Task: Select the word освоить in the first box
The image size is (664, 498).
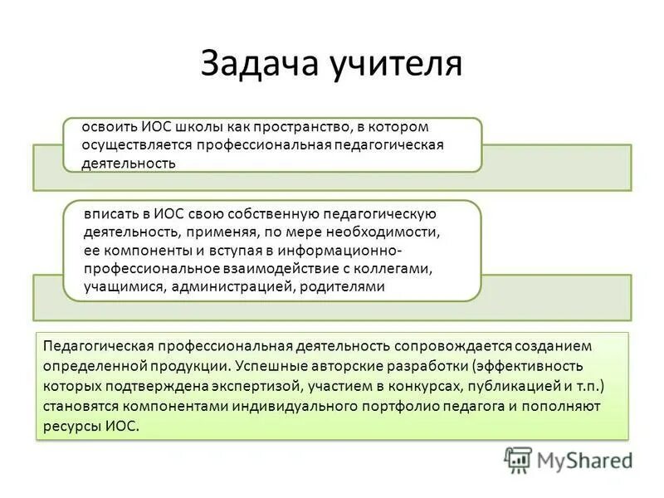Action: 110,127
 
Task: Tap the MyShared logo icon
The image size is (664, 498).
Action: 518,460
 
